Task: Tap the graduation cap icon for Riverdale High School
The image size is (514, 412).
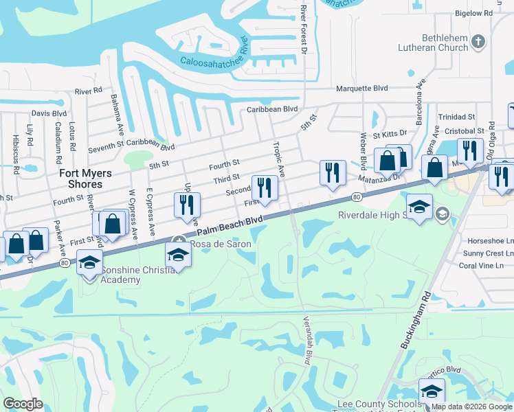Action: (419, 206)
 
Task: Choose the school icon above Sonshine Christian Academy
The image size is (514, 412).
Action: (89, 263)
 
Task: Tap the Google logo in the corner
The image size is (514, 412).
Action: (23, 403)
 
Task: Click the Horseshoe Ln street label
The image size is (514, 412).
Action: (486, 241)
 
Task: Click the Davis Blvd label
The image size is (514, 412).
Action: (49, 113)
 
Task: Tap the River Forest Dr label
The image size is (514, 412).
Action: (303, 29)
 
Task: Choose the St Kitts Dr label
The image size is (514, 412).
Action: (390, 136)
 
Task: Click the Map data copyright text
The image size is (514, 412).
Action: (471, 407)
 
